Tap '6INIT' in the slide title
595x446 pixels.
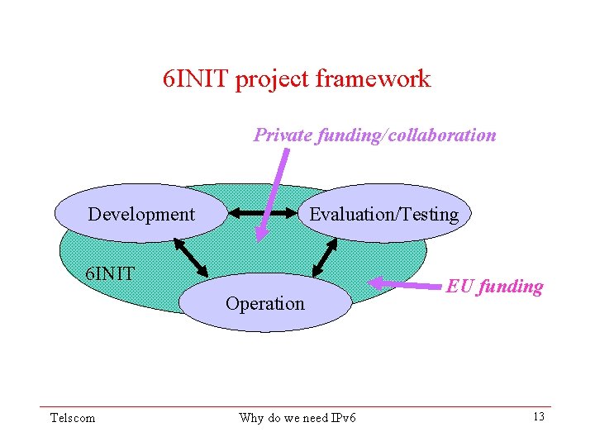click(196, 79)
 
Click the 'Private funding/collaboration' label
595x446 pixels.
click(374, 135)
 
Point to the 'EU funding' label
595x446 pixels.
click(494, 287)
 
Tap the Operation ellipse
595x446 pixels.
click(265, 303)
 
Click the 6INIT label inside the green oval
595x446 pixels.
click(111, 273)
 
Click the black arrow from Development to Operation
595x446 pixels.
click(190, 256)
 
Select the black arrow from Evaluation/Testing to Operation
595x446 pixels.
click(324, 256)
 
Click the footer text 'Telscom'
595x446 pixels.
click(73, 418)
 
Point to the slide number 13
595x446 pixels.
click(538, 416)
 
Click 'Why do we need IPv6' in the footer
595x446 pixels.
click(297, 418)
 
